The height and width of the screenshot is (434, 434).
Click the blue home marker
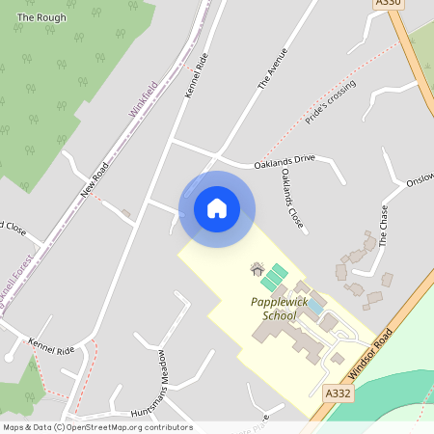coord(217,208)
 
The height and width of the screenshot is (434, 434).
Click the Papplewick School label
coord(286,309)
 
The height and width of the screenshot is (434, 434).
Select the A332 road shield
coord(338,393)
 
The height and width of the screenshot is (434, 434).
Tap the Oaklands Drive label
coord(285,159)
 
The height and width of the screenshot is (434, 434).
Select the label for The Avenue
coord(274,70)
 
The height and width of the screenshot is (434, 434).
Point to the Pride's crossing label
coord(331,102)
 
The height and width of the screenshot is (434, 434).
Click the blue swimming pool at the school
coord(314,306)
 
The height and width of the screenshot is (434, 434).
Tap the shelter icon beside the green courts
coord(257,269)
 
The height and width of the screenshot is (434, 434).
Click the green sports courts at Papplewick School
coord(273,278)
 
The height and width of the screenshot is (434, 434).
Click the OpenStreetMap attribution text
coord(97,427)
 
